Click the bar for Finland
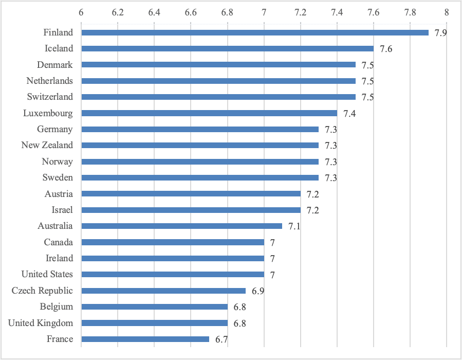coord(255,32)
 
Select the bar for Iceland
coord(227,49)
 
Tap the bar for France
coord(145,339)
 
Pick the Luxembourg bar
coord(209,113)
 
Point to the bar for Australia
coord(181,226)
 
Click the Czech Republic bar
coord(163,291)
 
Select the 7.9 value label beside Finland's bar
coord(440,33)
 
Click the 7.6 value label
coord(386,49)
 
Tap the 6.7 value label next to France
coord(221,339)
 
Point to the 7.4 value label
coord(349,114)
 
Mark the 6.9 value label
coord(258,291)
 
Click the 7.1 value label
coord(294,226)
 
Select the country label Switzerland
coord(50,97)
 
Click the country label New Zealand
coord(47,145)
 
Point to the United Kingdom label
coord(41,323)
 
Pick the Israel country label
coord(62,210)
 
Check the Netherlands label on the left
coord(50,81)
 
